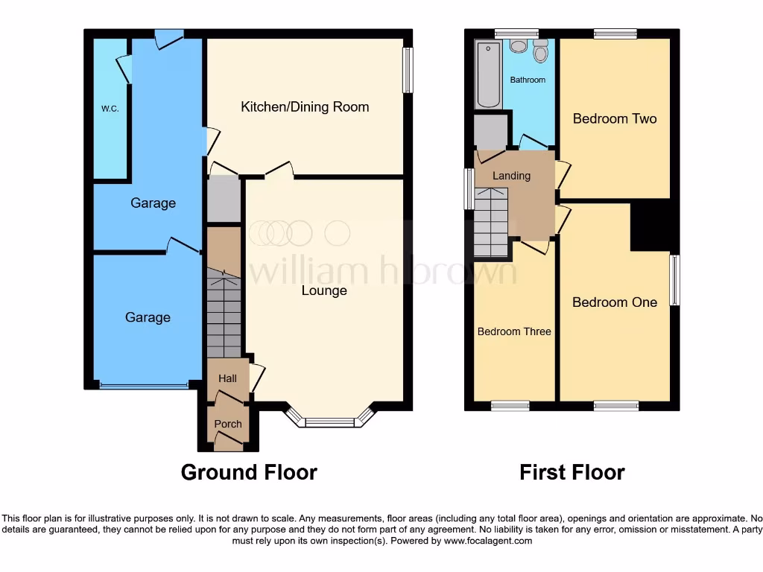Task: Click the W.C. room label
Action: click(110, 109)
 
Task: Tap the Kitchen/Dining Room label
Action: click(305, 107)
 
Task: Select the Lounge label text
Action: click(324, 290)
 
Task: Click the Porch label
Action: click(228, 424)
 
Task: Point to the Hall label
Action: click(227, 378)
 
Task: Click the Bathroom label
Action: click(528, 80)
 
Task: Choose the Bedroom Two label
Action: click(615, 118)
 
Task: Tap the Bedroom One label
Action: click(615, 302)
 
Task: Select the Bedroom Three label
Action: click(514, 331)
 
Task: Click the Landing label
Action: click(512, 176)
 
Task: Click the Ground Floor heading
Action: click(249, 472)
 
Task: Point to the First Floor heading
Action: click(572, 472)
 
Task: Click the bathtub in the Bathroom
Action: click(490, 76)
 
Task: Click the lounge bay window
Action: click(330, 422)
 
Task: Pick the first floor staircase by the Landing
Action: click(491, 220)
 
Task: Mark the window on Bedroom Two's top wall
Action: click(615, 34)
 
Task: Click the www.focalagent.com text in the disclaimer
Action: click(488, 541)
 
